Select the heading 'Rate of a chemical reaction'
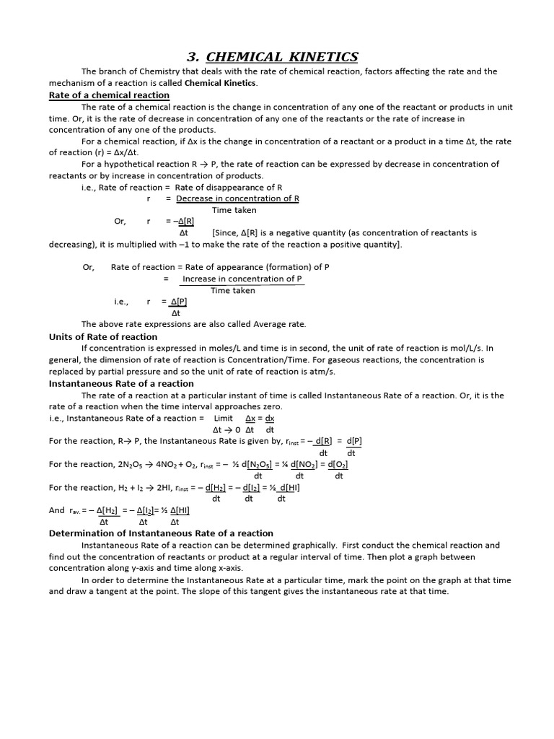(109, 95)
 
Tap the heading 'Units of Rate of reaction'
(102, 337)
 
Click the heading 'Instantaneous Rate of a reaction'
(121, 384)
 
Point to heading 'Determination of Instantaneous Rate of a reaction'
(161, 534)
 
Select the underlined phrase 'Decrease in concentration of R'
(237, 198)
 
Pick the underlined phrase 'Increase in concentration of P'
(242, 279)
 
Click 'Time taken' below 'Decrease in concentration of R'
(234, 211)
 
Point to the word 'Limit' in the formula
(224, 419)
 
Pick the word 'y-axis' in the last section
(137, 569)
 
